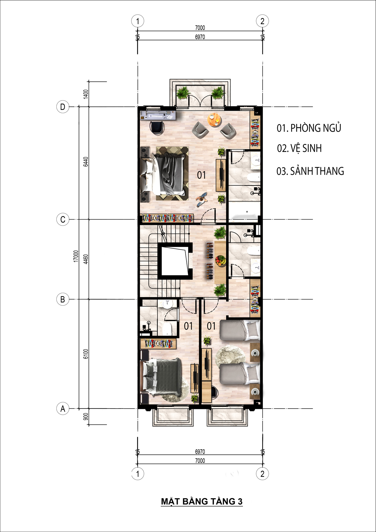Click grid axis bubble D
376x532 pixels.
[x=63, y=107]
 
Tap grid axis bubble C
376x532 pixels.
[x=63, y=220]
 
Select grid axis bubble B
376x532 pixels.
[x=63, y=300]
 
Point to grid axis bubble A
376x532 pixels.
[x=63, y=409]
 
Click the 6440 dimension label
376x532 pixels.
[x=86, y=162]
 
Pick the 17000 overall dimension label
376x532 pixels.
[x=76, y=256]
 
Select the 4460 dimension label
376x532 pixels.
[x=86, y=259]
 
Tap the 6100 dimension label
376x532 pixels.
[x=86, y=354]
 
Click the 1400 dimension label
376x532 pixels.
[x=86, y=94]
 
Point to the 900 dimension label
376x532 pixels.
[x=86, y=416]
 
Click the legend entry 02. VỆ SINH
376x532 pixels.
[x=299, y=148]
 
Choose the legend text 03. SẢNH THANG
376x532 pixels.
[x=310, y=171]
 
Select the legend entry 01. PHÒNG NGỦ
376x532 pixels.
[x=309, y=128]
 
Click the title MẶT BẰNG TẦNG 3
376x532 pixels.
[x=202, y=501]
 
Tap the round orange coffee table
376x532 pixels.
[x=215, y=120]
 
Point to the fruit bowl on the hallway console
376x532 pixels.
[x=221, y=260]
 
